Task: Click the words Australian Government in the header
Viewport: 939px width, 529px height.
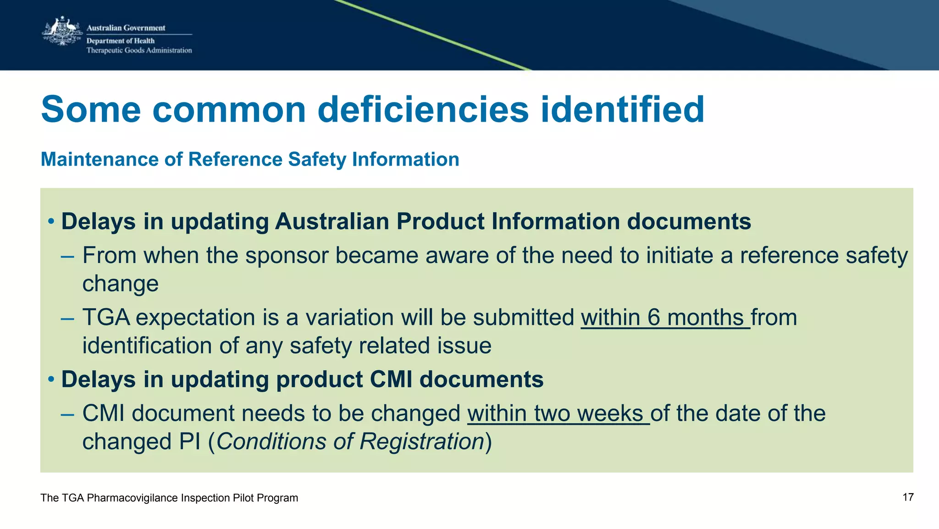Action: [x=126, y=28]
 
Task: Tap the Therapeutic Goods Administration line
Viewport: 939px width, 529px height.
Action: [x=139, y=50]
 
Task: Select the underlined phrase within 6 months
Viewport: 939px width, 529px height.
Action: [x=665, y=317]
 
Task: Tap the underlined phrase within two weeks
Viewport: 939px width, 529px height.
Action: [x=558, y=413]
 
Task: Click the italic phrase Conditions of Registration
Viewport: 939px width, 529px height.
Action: [x=350, y=441]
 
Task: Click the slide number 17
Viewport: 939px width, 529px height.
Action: [x=908, y=497]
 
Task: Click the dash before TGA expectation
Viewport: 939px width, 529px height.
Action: [x=67, y=318]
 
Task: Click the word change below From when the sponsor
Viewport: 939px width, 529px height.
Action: [x=120, y=284]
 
